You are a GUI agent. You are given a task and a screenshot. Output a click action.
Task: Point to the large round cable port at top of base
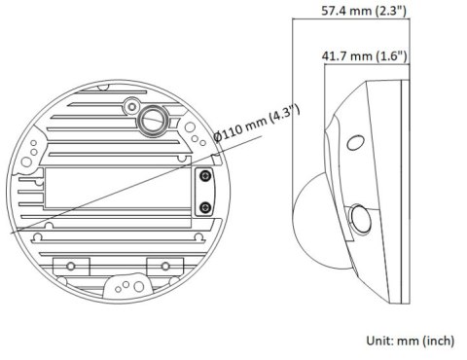[x=152, y=119]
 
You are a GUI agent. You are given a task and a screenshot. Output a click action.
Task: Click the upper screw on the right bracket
[x=205, y=176]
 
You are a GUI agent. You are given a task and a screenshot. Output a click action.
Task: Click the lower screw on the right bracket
[x=205, y=207]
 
